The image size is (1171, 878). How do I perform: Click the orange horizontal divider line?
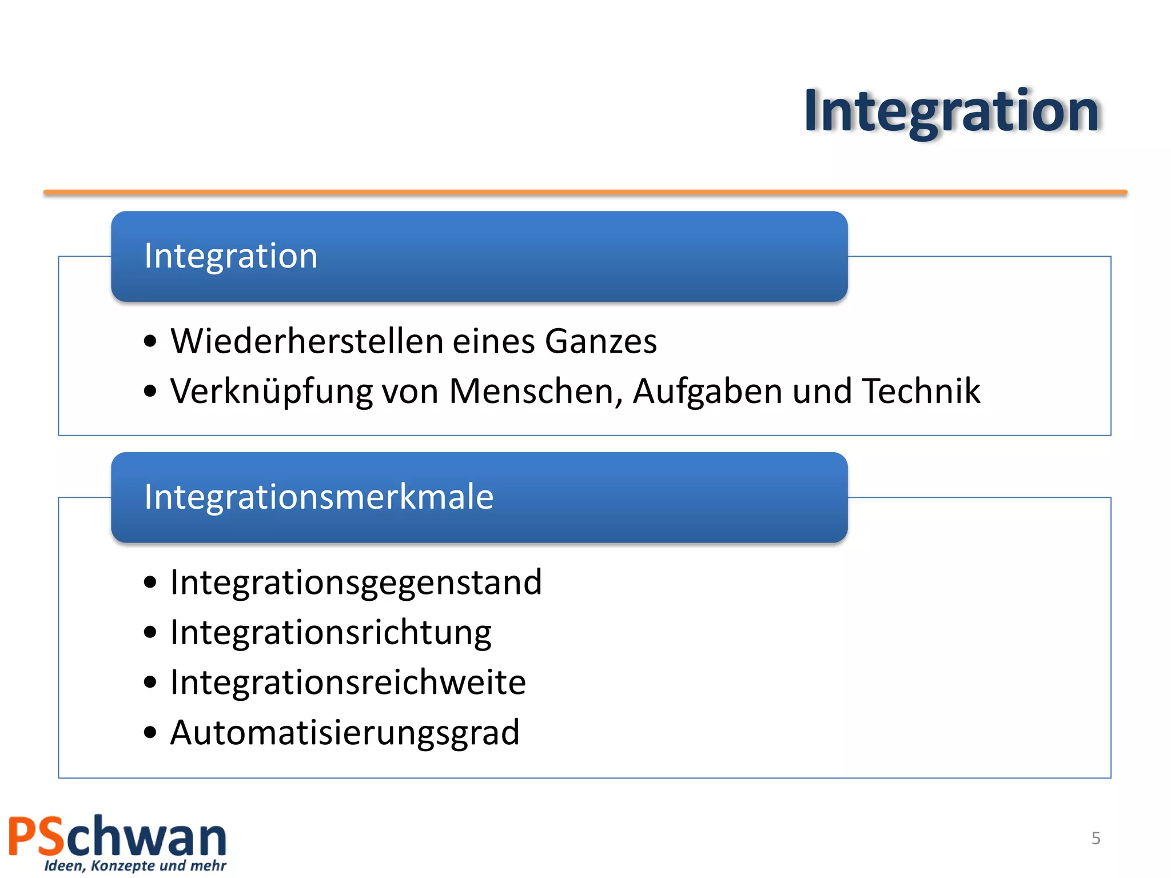coord(585,193)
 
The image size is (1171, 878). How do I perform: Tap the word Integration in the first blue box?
coord(230,256)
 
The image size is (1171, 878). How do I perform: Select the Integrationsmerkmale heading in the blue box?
coord(318,497)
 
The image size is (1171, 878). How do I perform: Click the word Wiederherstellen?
coord(307,341)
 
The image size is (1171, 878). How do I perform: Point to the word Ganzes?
coord(600,342)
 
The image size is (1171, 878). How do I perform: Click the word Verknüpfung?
coord(272,392)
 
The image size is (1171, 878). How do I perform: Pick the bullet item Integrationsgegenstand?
coord(356,583)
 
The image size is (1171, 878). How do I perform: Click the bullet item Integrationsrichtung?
coord(330,633)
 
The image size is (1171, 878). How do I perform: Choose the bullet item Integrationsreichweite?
coord(348,683)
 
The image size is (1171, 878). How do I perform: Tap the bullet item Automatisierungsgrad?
coord(345,733)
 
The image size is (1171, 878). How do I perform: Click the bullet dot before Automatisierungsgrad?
coord(150,732)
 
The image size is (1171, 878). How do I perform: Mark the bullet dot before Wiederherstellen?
coord(150,341)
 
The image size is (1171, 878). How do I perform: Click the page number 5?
coord(1096,838)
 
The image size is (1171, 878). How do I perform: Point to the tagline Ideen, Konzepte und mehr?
coord(136,865)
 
